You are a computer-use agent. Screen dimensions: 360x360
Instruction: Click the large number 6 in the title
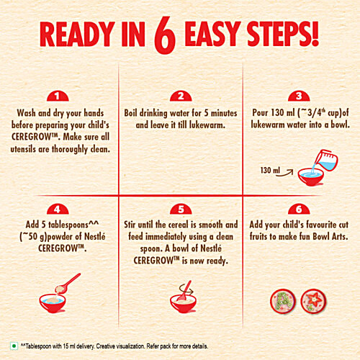tap(165, 35)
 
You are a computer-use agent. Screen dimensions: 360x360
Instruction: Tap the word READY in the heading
tap(76, 34)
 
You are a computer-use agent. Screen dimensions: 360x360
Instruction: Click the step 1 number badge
tap(58, 96)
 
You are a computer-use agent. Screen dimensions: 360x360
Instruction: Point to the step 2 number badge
tap(181, 96)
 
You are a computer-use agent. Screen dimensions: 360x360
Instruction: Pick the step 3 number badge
tap(299, 96)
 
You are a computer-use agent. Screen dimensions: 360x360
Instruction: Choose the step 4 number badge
tap(58, 209)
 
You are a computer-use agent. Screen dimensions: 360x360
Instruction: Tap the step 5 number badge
tap(181, 209)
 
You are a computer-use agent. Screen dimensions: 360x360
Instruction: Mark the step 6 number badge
tap(299, 209)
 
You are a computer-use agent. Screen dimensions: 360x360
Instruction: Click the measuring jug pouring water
tap(326, 160)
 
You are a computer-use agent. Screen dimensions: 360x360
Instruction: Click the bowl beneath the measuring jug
tap(311, 177)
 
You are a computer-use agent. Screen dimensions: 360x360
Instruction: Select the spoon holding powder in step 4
tap(68, 283)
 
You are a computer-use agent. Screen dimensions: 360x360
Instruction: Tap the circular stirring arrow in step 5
tap(186, 289)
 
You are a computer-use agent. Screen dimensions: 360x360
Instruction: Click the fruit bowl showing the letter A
tap(283, 302)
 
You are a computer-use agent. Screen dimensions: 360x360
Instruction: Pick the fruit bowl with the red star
tap(313, 302)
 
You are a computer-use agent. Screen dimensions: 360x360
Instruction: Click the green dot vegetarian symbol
tap(14, 346)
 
